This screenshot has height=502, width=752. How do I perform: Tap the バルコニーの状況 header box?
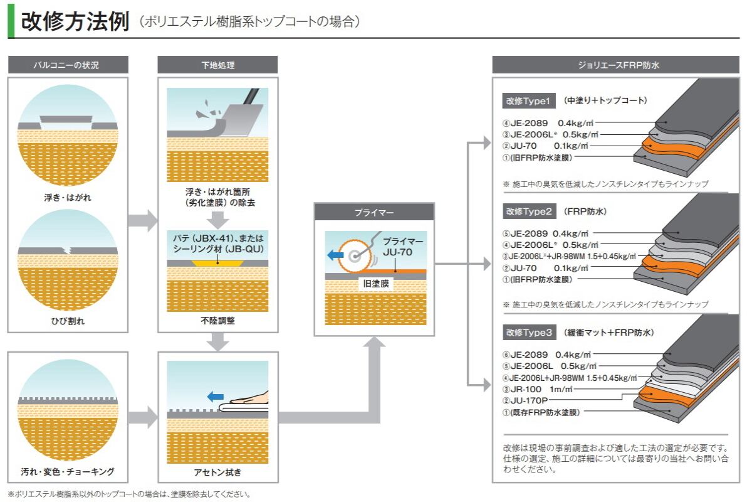tap(68, 65)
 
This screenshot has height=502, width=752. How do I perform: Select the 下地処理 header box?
tap(217, 65)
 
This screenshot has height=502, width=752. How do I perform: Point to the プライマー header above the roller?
tap(374, 212)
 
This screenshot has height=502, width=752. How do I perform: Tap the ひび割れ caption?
tap(68, 321)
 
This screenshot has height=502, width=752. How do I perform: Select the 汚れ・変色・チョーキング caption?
tap(68, 471)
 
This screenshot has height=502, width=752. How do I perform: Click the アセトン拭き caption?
tap(217, 471)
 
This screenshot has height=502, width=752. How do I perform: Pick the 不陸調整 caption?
tap(217, 321)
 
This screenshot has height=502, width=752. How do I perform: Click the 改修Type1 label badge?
tap(528, 100)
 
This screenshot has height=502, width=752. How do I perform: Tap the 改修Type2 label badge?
tap(528, 211)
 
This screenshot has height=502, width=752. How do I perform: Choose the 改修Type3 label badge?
tap(528, 333)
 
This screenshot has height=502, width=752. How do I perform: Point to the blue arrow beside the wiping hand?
tap(216, 396)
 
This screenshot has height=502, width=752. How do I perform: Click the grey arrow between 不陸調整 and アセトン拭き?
tap(217, 341)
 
